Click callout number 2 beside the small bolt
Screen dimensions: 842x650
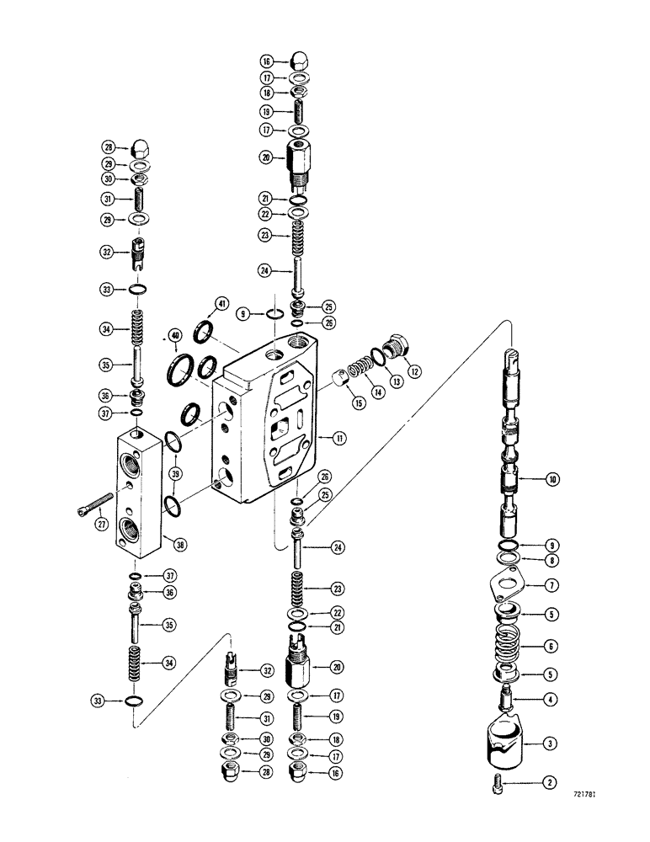click(550, 784)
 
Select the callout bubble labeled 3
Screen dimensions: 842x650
click(550, 743)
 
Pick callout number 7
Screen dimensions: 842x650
click(550, 584)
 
